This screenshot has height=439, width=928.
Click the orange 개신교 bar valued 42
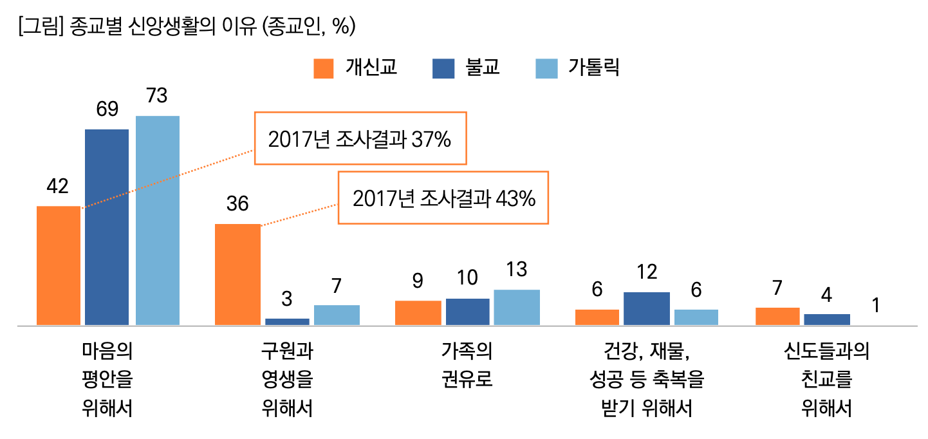[59, 265]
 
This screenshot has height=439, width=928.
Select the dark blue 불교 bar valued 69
[107, 227]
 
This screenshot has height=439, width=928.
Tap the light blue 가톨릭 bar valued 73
[157, 220]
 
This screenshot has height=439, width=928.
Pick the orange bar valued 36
[237, 274]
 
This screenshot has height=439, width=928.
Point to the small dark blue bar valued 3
[287, 321]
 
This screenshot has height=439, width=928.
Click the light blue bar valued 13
[517, 307]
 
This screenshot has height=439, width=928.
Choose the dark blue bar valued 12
[646, 308]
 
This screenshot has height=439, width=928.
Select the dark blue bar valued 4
[827, 319]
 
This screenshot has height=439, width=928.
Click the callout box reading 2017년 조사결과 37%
[360, 139]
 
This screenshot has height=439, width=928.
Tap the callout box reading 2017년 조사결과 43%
[443, 198]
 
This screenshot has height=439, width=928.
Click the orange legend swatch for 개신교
[324, 68]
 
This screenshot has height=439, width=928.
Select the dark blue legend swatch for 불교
[443, 68]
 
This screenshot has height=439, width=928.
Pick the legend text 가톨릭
[593, 68]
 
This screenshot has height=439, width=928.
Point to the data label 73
[157, 95]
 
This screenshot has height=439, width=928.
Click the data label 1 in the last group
[876, 306]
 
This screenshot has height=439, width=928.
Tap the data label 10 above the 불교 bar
[467, 278]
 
